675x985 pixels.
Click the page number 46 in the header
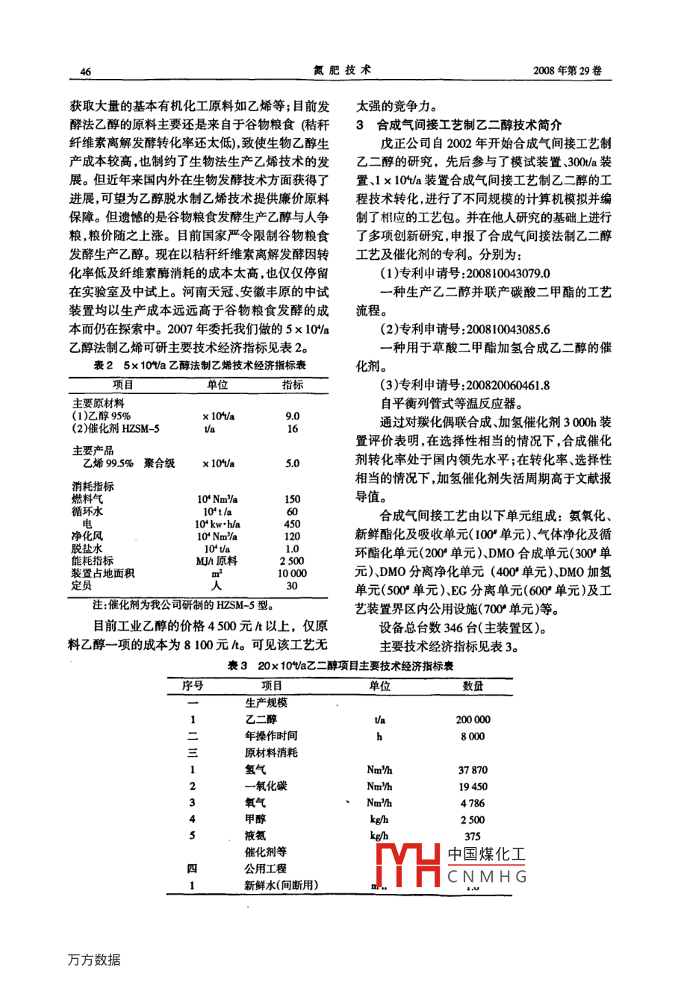pyautogui.click(x=84, y=72)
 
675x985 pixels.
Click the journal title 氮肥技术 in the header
pyautogui.click(x=342, y=70)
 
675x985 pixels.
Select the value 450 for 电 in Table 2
pyautogui.click(x=292, y=524)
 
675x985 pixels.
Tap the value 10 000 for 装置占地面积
pyautogui.click(x=292, y=573)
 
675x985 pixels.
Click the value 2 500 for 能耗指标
pyautogui.click(x=292, y=561)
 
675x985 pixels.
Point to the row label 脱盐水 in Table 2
pyautogui.click(x=87, y=548)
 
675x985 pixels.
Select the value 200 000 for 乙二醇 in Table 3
pyautogui.click(x=473, y=719)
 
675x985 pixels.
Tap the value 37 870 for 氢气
pyautogui.click(x=473, y=769)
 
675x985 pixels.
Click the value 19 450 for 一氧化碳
pyautogui.click(x=473, y=787)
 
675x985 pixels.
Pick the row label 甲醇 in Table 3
pyautogui.click(x=255, y=819)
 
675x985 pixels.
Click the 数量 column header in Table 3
pyautogui.click(x=473, y=686)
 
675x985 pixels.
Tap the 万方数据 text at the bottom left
pyautogui.click(x=93, y=960)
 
